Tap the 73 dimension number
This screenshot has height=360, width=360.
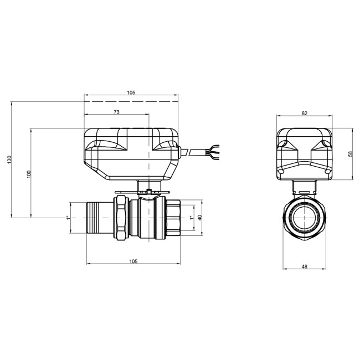(x=116, y=112)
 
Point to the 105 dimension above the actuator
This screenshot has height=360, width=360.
(x=131, y=92)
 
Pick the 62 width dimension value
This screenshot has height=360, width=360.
(x=304, y=112)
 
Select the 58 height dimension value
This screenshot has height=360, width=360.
(x=350, y=154)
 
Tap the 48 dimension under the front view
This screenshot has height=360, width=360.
(x=304, y=267)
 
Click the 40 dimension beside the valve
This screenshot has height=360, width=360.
(x=200, y=218)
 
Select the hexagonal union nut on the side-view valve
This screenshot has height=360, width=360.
(x=121, y=217)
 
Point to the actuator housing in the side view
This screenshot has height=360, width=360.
(x=132, y=152)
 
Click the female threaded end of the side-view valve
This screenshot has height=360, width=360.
(x=172, y=218)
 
